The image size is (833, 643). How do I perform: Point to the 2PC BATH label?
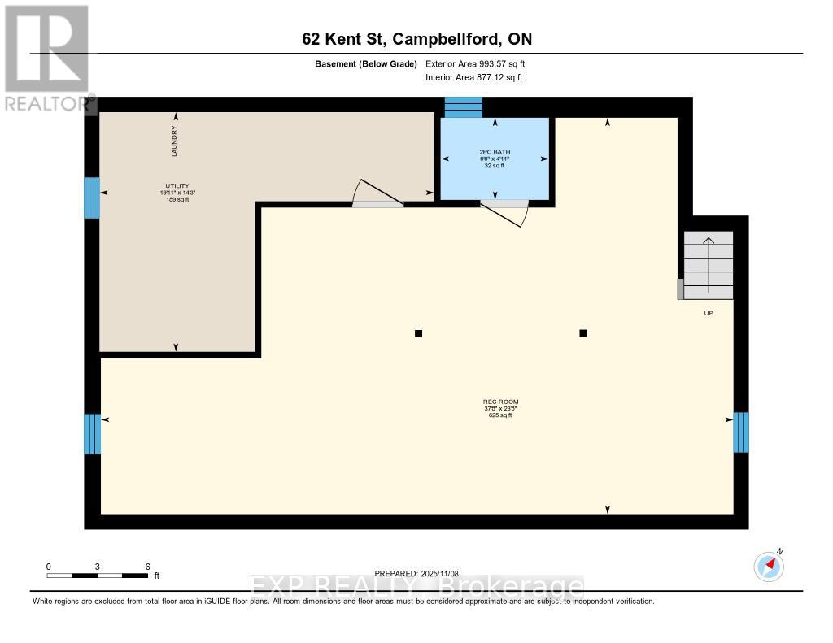pyautogui.click(x=494, y=152)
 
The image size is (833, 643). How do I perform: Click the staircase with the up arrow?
pyautogui.click(x=708, y=263)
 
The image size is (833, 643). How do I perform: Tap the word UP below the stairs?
pyautogui.click(x=709, y=313)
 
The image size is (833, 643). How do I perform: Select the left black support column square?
pyautogui.click(x=419, y=333)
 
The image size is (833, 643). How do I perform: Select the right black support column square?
pyautogui.click(x=583, y=333)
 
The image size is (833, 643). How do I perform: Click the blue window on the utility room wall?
pyautogui.click(x=92, y=198)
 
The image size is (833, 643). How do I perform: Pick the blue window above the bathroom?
pyautogui.click(x=463, y=107)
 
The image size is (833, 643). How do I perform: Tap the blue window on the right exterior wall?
pyautogui.click(x=740, y=432)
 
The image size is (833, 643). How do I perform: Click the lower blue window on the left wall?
pyautogui.click(x=92, y=434)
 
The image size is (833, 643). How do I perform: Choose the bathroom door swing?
pyautogui.click(x=506, y=211)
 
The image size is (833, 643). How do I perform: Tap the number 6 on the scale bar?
pyautogui.click(x=147, y=567)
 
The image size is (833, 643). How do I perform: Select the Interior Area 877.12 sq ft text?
pyautogui.click(x=473, y=77)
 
